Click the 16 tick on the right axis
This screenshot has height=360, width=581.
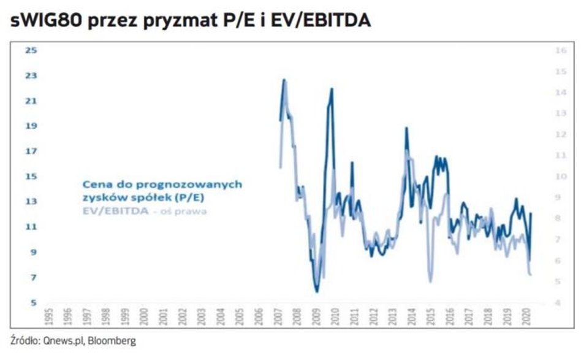point(559,50)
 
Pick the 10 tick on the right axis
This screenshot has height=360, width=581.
point(559,177)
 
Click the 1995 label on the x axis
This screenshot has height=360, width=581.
point(50,315)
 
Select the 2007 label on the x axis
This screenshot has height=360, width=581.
point(278,315)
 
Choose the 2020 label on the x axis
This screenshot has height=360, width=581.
point(525,315)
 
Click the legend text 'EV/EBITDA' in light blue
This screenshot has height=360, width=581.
point(115,211)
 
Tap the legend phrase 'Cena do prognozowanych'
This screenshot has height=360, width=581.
point(162,184)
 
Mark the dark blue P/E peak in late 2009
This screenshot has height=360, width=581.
point(332,89)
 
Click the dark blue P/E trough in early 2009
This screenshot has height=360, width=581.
point(317,291)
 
